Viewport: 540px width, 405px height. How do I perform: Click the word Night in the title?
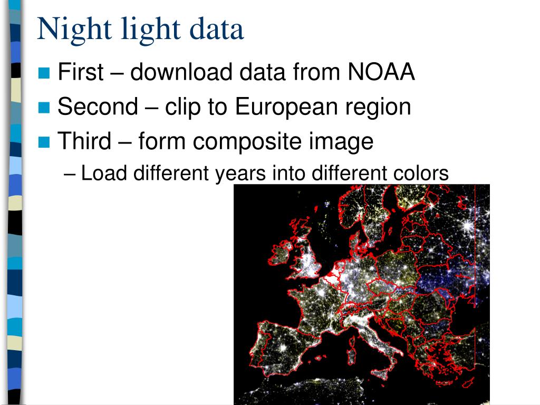(67, 30)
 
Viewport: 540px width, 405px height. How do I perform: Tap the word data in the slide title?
(217, 30)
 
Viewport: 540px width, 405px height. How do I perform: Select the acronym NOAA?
(381, 72)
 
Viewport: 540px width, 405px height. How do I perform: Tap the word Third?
(84, 141)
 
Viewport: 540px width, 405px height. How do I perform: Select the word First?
(80, 72)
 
